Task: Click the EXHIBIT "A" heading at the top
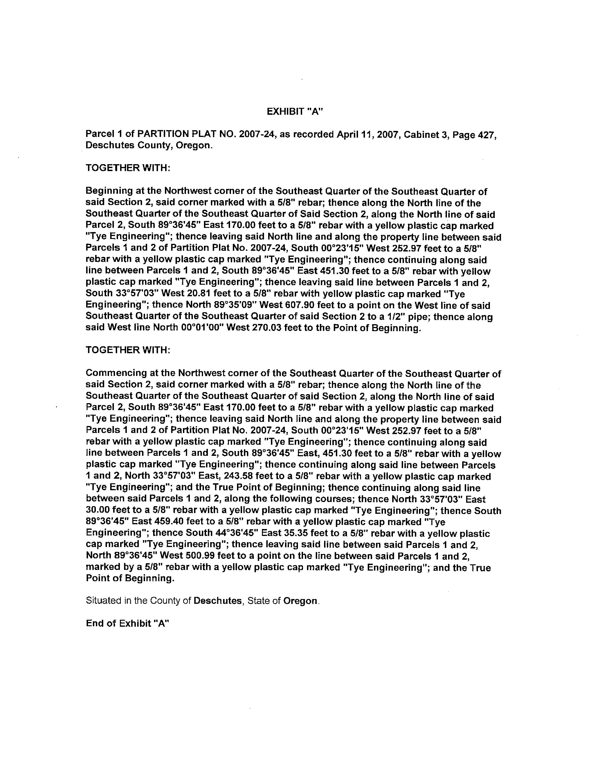[x=295, y=112]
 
